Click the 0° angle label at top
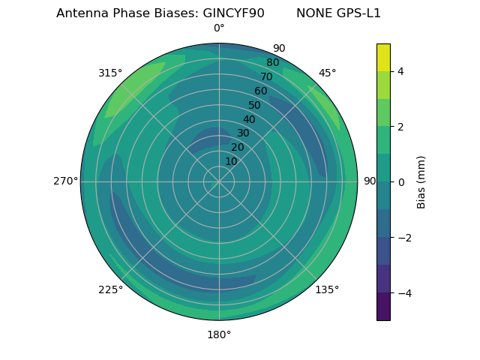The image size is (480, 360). point(219,28)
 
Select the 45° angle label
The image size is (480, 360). point(327,73)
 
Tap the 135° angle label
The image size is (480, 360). point(327,289)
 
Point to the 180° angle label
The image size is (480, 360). point(219,334)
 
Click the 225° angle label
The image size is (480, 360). point(110,289)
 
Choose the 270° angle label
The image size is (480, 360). point(65,181)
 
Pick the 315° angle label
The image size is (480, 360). point(110,73)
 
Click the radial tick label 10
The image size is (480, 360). point(231,161)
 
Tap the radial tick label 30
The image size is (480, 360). point(243,133)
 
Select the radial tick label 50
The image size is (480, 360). point(254,106)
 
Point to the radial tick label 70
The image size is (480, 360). point(266,76)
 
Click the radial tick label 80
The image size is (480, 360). point(272,63)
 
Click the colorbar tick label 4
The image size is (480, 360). point(400,71)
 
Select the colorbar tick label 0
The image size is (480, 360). point(400,181)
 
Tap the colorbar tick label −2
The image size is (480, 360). point(402,237)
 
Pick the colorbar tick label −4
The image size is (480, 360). point(402,292)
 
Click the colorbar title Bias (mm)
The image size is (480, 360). point(421,181)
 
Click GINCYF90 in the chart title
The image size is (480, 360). point(233,13)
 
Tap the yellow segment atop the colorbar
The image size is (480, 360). point(383,57)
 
